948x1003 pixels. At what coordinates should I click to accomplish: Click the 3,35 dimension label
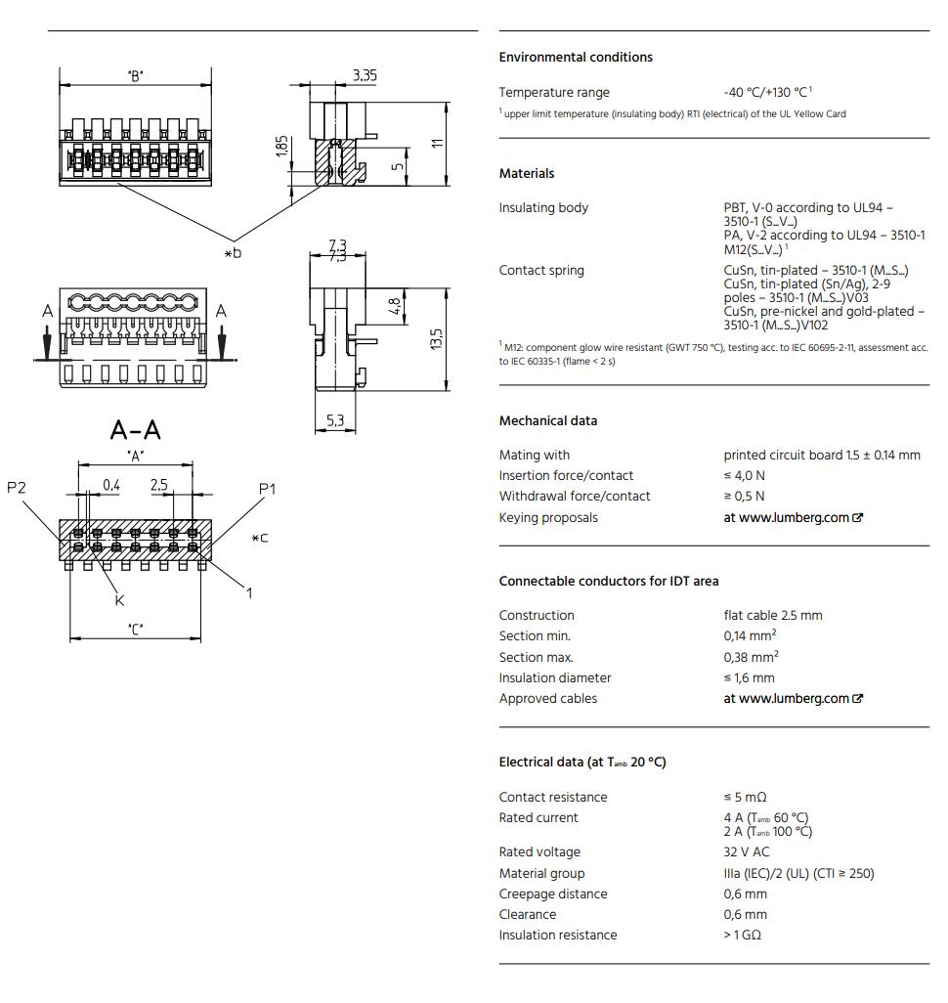point(365,75)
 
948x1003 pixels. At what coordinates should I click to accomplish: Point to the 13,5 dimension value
point(437,340)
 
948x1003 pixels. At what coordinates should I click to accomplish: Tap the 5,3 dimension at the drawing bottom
point(335,421)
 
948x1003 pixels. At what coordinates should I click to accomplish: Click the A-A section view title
point(136,430)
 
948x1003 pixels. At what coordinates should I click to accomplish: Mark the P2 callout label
point(17,488)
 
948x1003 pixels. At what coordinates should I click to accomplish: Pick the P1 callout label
point(268,488)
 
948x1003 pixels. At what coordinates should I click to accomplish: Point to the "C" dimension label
point(135,630)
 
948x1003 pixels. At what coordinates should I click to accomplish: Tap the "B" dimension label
point(135,76)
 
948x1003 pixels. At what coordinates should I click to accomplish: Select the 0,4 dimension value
point(111,485)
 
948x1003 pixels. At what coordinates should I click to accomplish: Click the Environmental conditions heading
point(575,58)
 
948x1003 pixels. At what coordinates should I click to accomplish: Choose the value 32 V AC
point(746,852)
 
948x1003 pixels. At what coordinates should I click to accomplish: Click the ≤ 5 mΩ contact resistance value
point(745,798)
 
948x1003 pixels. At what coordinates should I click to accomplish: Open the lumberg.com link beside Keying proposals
point(793,518)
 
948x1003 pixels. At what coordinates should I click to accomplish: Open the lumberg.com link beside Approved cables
point(793,699)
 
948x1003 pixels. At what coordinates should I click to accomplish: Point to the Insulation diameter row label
point(554,678)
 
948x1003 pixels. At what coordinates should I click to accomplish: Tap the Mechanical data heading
point(547,421)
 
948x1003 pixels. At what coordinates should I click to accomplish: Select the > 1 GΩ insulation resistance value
point(742,936)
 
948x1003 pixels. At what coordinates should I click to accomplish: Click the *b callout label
point(232,253)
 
